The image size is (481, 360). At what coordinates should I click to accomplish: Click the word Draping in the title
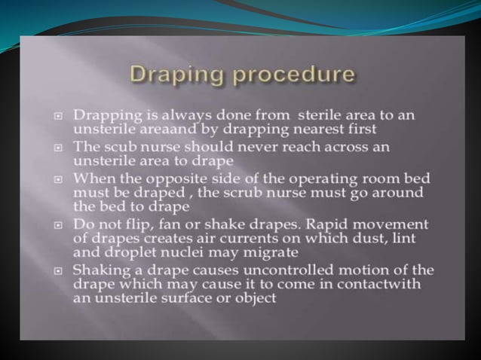coord(169,75)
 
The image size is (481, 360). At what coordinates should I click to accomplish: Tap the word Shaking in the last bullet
coord(99,270)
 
